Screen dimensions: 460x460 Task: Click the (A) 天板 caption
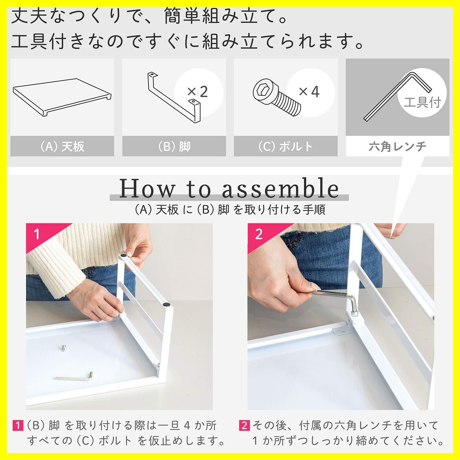62,147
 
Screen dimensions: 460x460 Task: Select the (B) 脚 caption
174,147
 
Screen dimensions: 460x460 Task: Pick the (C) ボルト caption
286,147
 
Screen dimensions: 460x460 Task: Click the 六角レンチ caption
397,147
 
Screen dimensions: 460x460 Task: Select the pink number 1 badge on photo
37,235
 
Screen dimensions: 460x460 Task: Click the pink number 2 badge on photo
259,235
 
